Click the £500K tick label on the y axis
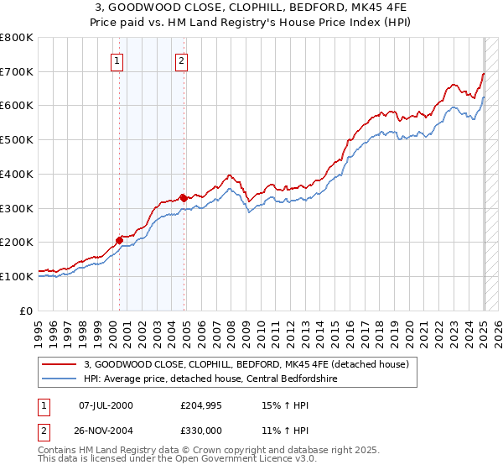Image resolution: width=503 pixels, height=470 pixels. click(x=17, y=140)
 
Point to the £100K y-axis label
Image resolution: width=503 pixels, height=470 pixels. click(x=17, y=276)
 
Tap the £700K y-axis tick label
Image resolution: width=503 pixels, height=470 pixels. click(x=17, y=72)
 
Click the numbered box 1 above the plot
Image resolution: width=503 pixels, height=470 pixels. click(x=117, y=60)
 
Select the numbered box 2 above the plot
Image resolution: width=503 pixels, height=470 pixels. click(x=182, y=60)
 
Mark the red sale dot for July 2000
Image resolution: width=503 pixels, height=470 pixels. click(x=119, y=240)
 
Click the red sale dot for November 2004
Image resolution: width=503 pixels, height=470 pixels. click(x=184, y=197)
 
